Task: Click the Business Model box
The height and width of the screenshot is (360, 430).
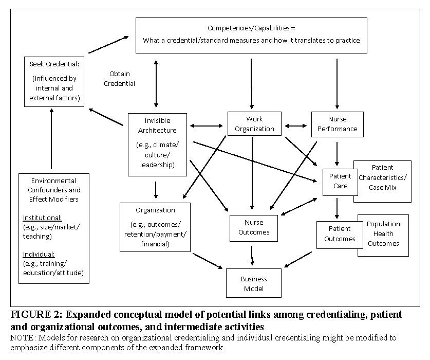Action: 254,283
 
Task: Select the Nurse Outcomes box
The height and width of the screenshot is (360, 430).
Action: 254,228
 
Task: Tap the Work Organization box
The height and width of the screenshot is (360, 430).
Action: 254,123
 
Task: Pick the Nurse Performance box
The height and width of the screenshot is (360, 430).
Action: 338,124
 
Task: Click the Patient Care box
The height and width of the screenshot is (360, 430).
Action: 340,182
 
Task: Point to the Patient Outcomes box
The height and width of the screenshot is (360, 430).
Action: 340,235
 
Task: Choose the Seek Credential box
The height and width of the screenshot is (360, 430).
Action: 54,82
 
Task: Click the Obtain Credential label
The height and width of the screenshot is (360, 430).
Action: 119,79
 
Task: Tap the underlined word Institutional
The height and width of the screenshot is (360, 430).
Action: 42,218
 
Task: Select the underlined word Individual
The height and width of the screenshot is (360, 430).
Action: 39,254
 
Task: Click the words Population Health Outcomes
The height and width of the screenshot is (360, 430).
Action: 383,233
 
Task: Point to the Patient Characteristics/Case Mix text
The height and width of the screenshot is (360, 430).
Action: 383,177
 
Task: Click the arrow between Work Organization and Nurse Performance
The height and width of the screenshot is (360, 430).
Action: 296,126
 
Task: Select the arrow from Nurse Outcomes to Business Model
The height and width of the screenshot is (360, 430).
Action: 252,256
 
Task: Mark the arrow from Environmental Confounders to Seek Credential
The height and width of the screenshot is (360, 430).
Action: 51,139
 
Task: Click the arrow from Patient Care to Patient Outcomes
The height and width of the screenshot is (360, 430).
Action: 337,208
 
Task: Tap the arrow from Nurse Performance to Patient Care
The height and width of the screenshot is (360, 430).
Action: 337,154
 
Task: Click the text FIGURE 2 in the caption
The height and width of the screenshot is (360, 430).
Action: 31,314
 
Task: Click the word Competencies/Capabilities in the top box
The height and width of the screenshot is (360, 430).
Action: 249,28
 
